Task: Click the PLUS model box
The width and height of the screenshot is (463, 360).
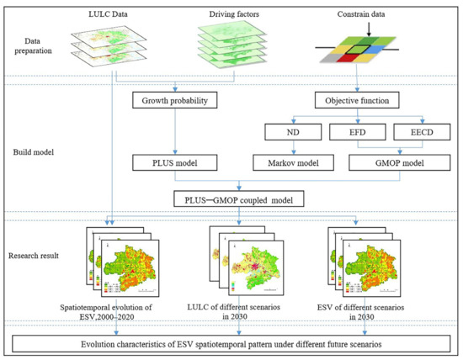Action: pyautogui.click(x=176, y=161)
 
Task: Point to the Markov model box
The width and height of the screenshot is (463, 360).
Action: pyautogui.click(x=286, y=161)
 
